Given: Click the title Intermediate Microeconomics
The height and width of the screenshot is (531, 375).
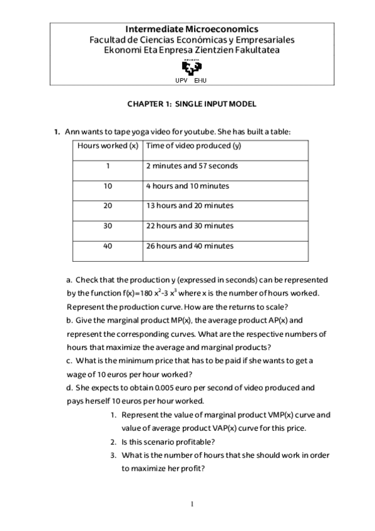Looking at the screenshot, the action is click(x=192, y=29).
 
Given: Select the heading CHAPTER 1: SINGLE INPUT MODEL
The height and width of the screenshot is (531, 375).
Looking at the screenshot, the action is click(x=192, y=104).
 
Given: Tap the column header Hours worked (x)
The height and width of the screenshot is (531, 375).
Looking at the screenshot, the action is click(x=108, y=146).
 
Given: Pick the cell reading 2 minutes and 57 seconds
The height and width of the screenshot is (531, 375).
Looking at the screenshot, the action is click(x=192, y=166).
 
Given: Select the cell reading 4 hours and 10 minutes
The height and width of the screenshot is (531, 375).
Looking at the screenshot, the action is click(x=187, y=186).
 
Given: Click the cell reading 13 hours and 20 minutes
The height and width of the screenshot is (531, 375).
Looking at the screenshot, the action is click(x=190, y=205).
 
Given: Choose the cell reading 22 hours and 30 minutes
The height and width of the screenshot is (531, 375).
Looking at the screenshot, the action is click(x=190, y=225).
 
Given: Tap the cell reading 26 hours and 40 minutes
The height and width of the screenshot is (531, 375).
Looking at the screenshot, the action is click(x=190, y=246).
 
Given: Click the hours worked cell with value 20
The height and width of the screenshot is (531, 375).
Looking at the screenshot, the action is click(x=108, y=205).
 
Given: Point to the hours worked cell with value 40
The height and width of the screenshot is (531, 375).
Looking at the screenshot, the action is click(x=108, y=246).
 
